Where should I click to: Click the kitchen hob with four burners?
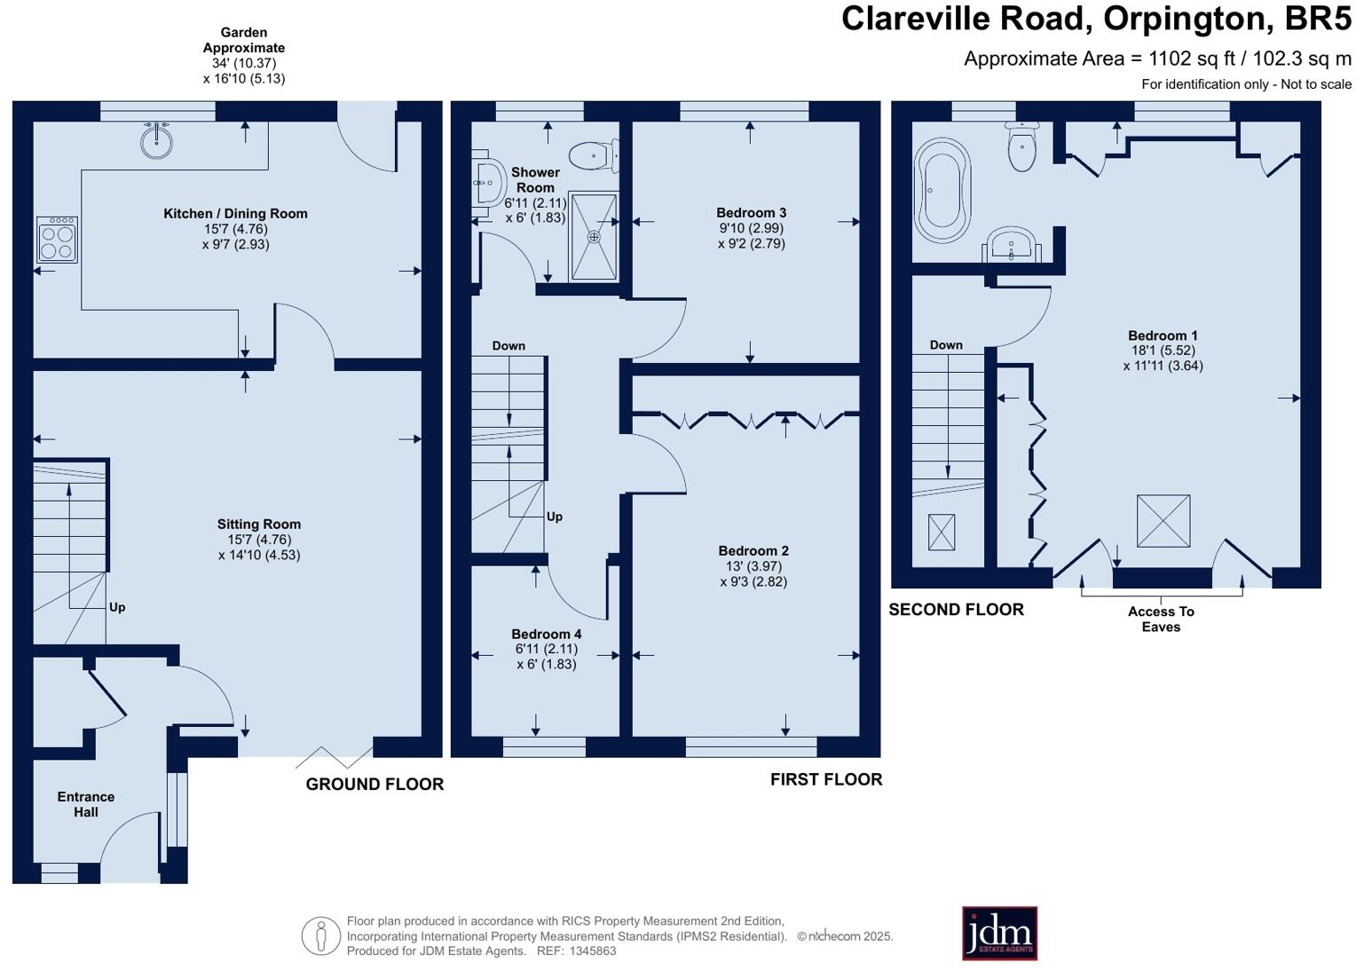coord(57,240)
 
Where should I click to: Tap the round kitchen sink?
coord(157,141)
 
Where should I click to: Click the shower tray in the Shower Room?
coord(594,237)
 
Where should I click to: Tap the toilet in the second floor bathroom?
coord(1021,146)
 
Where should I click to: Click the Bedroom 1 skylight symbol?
coord(1163,521)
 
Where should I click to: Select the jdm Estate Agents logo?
coord(999,933)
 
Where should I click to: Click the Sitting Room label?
coord(259,525)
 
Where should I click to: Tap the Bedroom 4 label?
coord(547,634)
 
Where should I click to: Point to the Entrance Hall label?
coord(86,804)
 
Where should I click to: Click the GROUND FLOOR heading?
coord(374,784)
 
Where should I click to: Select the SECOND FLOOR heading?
coord(957,610)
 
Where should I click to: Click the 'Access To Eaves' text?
coord(1161,620)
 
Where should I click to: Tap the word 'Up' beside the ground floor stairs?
coord(117,607)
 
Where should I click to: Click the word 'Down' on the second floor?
coord(946,345)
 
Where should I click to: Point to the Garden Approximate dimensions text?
coord(244,56)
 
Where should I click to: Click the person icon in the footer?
coord(321,935)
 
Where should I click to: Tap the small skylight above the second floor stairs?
coord(942,533)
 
